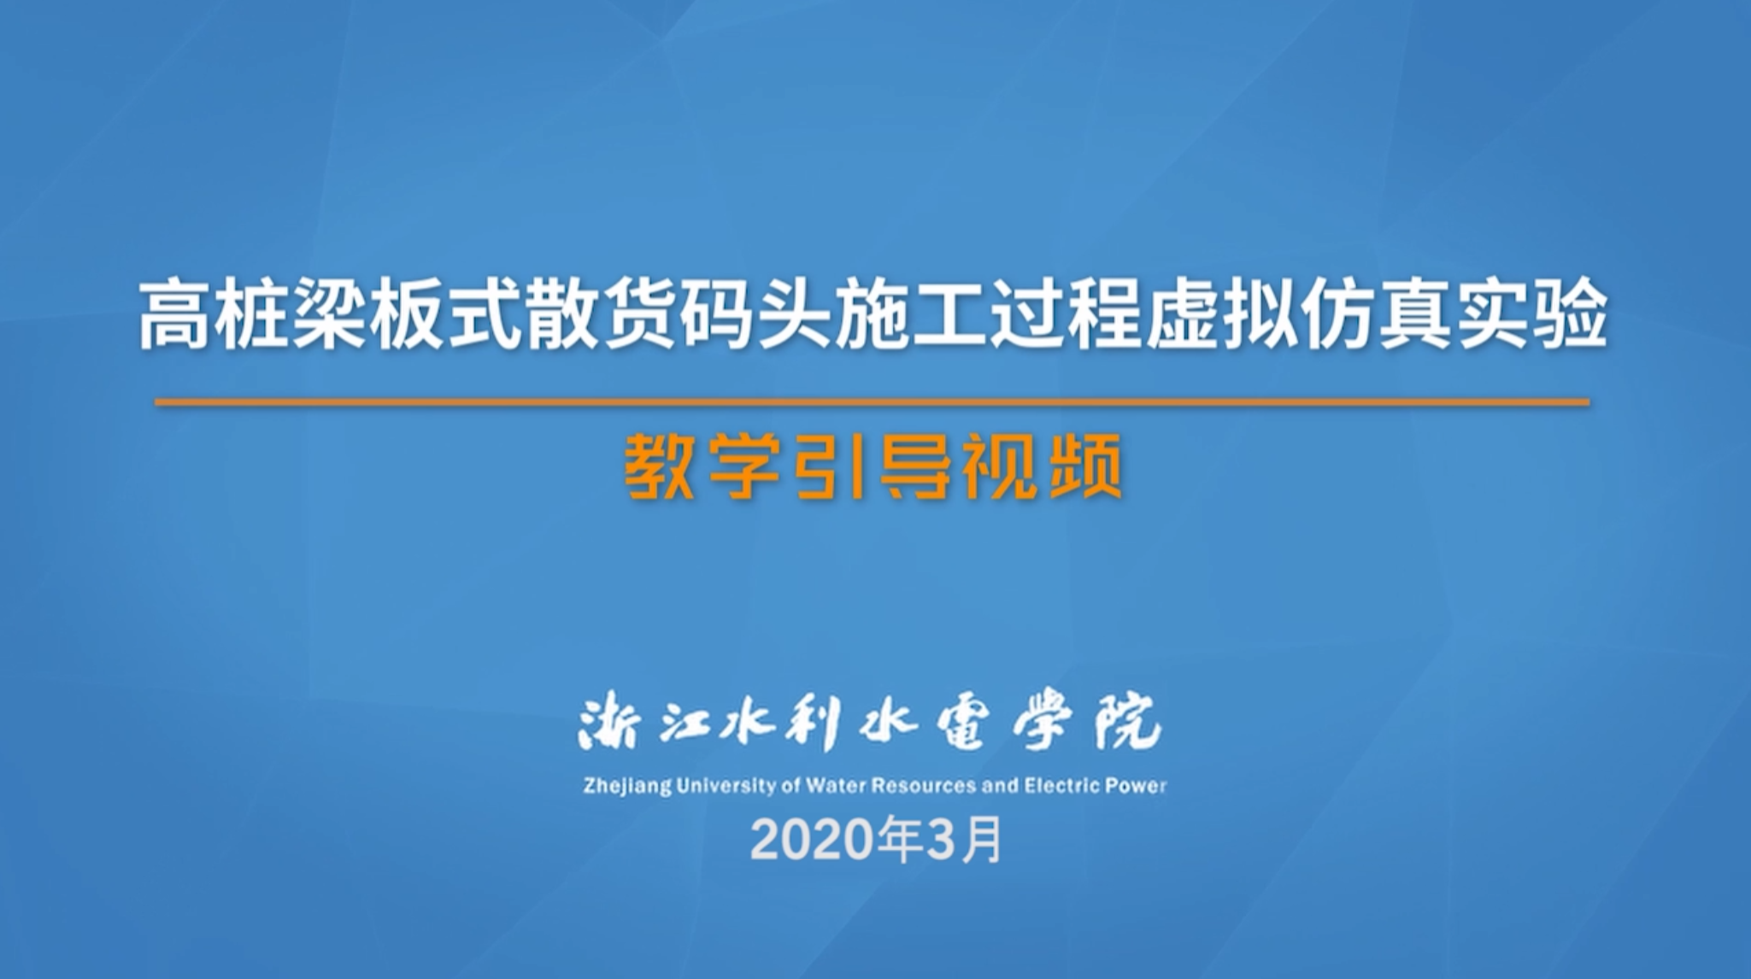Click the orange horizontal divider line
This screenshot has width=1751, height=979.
coord(873,402)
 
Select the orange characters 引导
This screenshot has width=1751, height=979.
coord(873,467)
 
